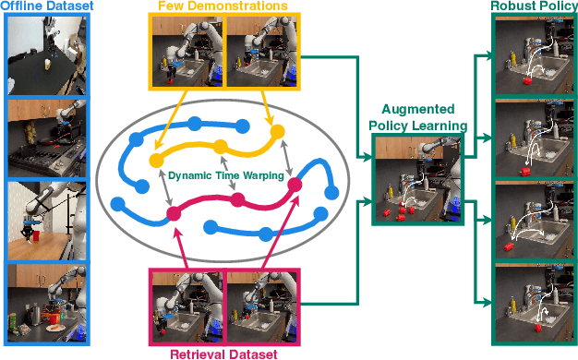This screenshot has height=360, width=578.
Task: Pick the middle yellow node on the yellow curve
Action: click(220, 146)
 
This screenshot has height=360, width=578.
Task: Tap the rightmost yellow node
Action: click(277, 132)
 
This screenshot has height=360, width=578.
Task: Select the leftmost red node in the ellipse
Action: click(173, 213)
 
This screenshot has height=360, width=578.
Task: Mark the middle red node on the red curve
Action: click(237, 199)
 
